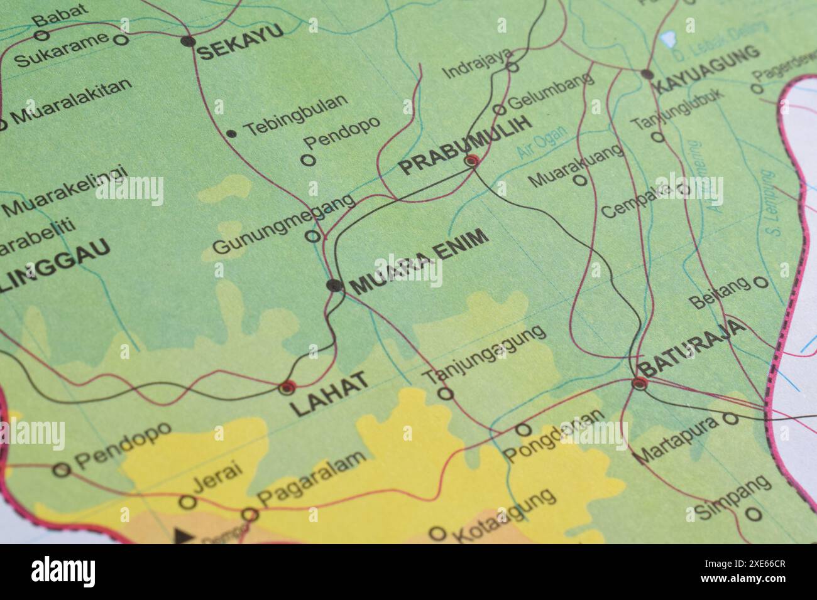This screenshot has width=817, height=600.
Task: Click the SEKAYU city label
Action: click(241, 43)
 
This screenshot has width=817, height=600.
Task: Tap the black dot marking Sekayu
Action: click(187, 41)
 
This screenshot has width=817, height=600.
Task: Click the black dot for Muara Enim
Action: click(334, 286)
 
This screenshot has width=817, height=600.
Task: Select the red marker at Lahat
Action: click(287, 387)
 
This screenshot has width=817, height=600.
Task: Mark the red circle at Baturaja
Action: click(639, 383)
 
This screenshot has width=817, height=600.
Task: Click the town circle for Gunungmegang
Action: click(312, 236)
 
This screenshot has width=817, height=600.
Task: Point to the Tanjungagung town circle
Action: click(445, 394)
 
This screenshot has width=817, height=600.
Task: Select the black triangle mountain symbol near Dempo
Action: click(183, 535)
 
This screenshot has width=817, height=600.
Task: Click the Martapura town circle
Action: click(730, 418)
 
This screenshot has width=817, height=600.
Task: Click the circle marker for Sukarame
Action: click(122, 40)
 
